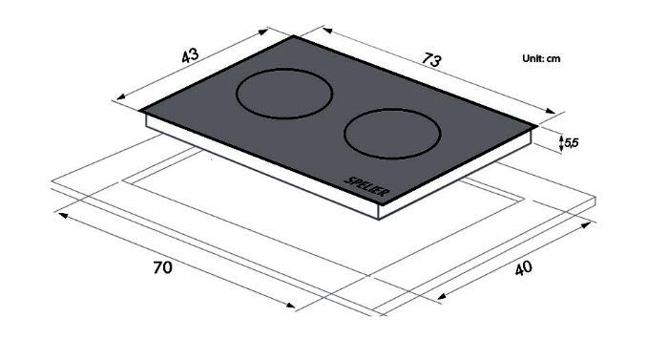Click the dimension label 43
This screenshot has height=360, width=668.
click(x=190, y=55)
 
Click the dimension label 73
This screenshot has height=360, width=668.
click(x=431, y=60)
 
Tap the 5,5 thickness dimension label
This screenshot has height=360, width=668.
click(x=572, y=143)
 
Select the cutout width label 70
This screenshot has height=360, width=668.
click(x=163, y=268)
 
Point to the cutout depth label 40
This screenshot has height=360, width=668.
click(x=524, y=268)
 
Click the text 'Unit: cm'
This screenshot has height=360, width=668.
click(x=541, y=58)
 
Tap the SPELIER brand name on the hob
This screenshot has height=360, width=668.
click(x=366, y=187)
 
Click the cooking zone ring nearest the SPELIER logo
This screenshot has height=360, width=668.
click(x=392, y=134)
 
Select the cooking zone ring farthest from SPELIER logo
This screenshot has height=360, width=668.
click(x=284, y=94)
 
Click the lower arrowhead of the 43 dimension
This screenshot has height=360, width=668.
click(x=120, y=97)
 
